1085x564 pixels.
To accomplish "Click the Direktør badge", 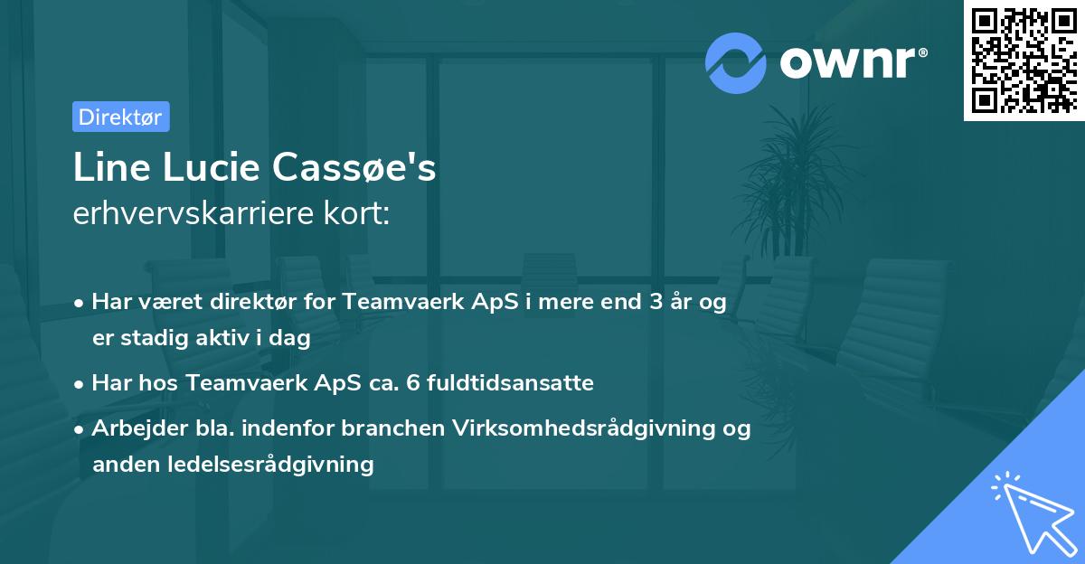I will click(x=120, y=117).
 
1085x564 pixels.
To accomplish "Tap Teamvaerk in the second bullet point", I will click(x=236, y=382).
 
